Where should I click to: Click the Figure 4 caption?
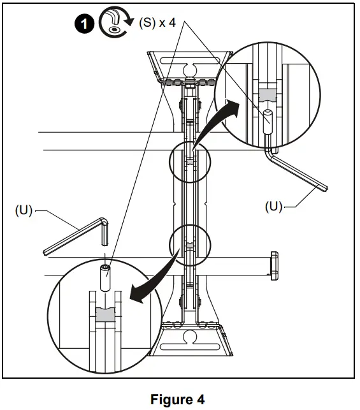pyautogui.click(x=178, y=400)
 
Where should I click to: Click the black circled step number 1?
pyautogui.click(x=83, y=24)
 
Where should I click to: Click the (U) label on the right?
pyautogui.click(x=273, y=207)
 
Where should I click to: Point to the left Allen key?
pyautogui.click(x=73, y=237)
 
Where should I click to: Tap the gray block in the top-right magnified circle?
pyautogui.click(x=268, y=95)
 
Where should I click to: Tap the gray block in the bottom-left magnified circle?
pyautogui.click(x=104, y=314)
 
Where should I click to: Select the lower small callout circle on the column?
pyautogui.click(x=189, y=244)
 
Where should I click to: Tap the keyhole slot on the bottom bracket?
pyautogui.click(x=189, y=335)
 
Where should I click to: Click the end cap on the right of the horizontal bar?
pyautogui.click(x=275, y=265)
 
